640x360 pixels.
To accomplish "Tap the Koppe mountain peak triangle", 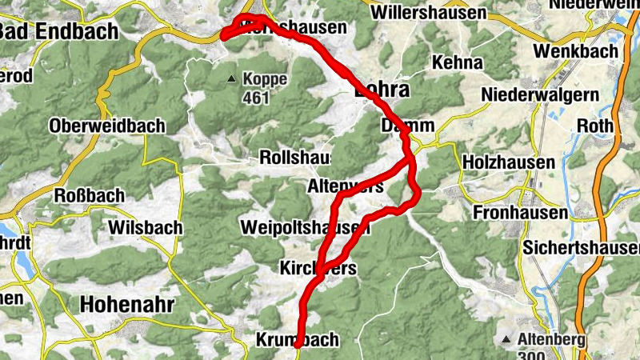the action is click(232, 79).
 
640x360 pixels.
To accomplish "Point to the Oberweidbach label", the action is click(107, 126).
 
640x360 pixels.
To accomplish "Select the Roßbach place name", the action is click(89, 196).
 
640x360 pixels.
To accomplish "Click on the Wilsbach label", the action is click(145, 228).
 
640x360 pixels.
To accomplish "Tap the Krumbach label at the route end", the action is click(297, 340).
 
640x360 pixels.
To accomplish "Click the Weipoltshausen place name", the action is click(304, 228).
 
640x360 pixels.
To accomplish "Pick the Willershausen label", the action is click(429, 13).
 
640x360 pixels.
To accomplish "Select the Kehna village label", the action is click(457, 62).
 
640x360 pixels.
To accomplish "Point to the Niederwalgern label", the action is click(540, 94).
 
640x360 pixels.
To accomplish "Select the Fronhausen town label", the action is click(519, 214).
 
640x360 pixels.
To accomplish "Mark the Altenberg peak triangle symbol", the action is click(506, 339).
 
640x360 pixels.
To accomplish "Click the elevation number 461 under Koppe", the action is click(255, 98).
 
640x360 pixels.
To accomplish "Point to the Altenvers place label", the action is click(345, 186).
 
